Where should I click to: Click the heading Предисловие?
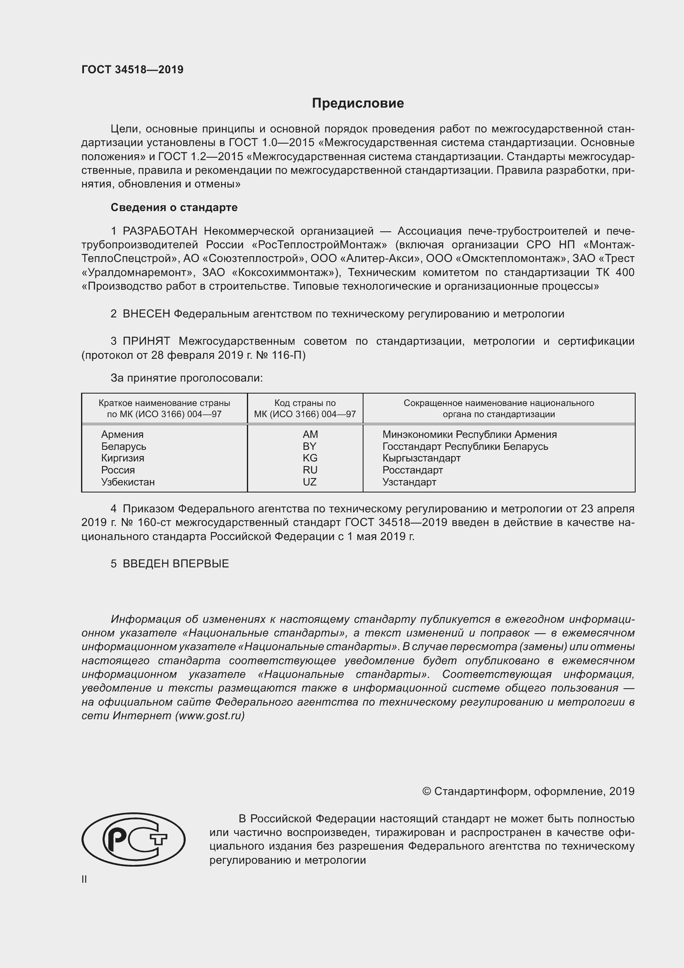(358, 103)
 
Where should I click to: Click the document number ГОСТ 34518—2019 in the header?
(132, 70)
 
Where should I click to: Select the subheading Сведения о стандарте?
(174, 207)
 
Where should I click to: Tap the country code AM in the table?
(310, 434)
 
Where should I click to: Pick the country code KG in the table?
(310, 458)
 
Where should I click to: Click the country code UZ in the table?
(310, 482)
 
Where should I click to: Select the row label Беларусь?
(123, 446)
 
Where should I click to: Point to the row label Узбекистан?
(128, 482)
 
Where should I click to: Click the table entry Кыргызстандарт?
(421, 458)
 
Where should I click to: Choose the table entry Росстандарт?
(412, 470)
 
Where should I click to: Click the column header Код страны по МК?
(305, 408)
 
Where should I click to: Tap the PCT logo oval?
(134, 839)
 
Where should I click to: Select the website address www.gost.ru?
(209, 716)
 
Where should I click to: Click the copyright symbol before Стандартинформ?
(426, 791)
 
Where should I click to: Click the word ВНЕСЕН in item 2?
(146, 314)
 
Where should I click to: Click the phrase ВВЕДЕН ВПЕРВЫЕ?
(176, 564)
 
